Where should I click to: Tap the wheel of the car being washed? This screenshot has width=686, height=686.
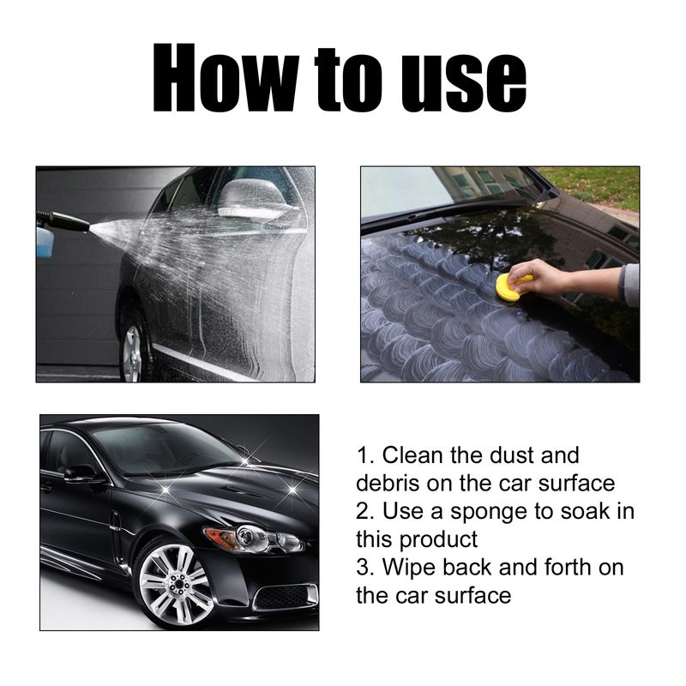131,352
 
